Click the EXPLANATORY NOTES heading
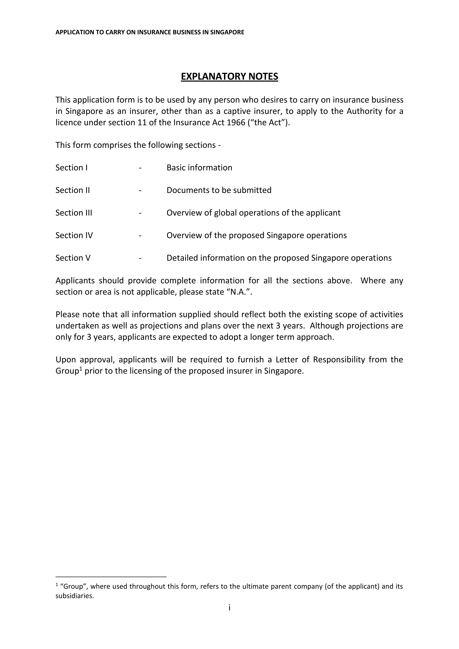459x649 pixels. coord(229,77)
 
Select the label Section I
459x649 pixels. coord(71,168)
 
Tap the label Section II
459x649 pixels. coord(72,190)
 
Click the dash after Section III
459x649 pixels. coord(140,213)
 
